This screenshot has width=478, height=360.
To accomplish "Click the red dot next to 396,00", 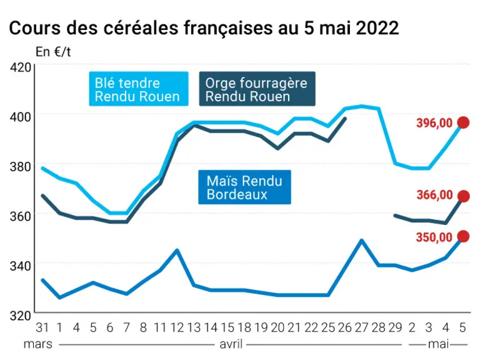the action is pyautogui.click(x=464, y=122).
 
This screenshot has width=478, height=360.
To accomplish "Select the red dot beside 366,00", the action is pyautogui.click(x=464, y=196).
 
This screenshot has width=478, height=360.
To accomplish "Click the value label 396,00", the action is pyautogui.click(x=434, y=123).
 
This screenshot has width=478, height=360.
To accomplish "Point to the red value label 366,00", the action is pyautogui.click(x=434, y=195).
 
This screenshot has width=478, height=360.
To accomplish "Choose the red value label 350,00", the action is pyautogui.click(x=434, y=237).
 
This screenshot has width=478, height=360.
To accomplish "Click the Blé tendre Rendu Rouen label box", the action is pyautogui.click(x=139, y=89).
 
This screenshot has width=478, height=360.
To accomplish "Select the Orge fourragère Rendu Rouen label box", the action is pyautogui.click(x=257, y=89).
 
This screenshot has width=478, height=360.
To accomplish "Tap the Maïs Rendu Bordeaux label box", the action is pyautogui.click(x=244, y=187).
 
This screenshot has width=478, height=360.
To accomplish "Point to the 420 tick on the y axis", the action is pyautogui.click(x=21, y=67).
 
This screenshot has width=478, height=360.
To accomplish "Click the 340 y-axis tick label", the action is pyautogui.click(x=21, y=266).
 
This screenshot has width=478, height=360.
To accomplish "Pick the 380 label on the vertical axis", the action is pyautogui.click(x=21, y=166).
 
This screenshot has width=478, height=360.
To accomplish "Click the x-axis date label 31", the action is pyautogui.click(x=42, y=327).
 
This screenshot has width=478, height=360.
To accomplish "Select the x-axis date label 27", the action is pyautogui.click(x=362, y=327).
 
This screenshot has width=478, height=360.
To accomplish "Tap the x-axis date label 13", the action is pyautogui.click(x=194, y=327).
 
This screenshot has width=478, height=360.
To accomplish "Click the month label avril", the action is pyautogui.click(x=231, y=344).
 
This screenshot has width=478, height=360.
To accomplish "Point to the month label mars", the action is pyautogui.click(x=37, y=344).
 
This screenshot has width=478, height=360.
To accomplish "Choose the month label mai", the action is pyautogui.click(x=439, y=344).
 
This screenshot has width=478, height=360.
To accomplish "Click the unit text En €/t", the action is pyautogui.click(x=53, y=52).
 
